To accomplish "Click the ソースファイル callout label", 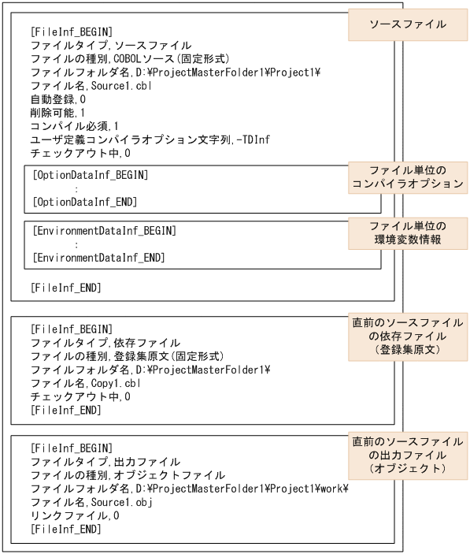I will (408, 24).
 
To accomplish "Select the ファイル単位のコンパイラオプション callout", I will (408, 178).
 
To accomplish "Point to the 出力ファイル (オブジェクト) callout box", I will (408, 455).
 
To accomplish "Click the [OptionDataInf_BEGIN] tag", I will (91, 174).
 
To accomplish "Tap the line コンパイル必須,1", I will (75, 126).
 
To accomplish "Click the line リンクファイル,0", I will (75, 515).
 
